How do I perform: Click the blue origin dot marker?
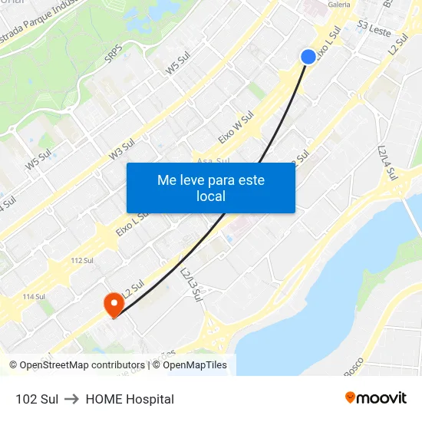pos(308,57)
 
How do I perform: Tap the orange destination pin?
pos(113,305)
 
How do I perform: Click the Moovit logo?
pos(376,398)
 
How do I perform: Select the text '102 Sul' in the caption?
pos(37,399)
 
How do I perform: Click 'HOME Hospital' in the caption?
pos(130,399)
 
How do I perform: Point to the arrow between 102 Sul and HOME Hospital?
pos(72,399)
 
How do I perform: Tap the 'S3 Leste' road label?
pos(374,29)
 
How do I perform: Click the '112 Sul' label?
pos(81,261)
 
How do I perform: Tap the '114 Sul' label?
pos(34,297)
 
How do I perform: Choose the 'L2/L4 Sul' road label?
pos(387,163)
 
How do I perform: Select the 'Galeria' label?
pos(339,5)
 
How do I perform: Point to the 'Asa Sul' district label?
pos(213,161)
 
